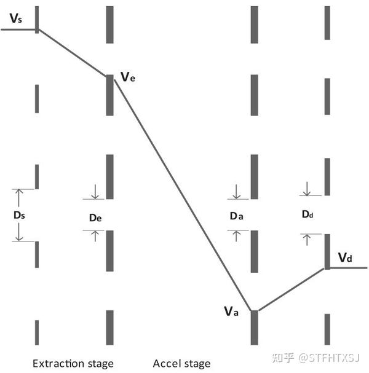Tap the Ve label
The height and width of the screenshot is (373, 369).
click(x=127, y=77)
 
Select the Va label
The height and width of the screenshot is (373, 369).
click(x=231, y=311)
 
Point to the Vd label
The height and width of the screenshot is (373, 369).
click(x=345, y=257)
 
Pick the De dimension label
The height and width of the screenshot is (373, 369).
click(x=95, y=217)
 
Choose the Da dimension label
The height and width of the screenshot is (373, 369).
click(x=236, y=216)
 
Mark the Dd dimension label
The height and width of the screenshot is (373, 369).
click(x=307, y=214)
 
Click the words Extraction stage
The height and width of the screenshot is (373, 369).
click(x=73, y=363)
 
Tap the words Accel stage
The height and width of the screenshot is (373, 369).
click(x=181, y=363)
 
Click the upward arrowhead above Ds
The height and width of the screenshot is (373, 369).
click(x=18, y=193)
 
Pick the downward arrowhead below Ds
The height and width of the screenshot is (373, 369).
click(x=18, y=237)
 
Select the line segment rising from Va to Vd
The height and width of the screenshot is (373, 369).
click(x=289, y=289)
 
